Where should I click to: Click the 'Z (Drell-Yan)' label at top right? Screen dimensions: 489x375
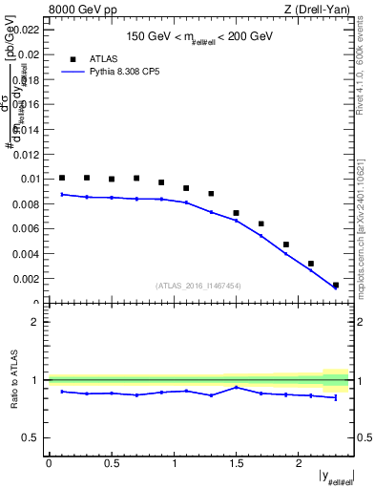click(318, 11)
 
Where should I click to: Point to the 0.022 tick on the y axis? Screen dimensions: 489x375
click(26, 29)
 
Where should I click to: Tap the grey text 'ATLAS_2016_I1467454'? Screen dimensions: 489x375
click(198, 285)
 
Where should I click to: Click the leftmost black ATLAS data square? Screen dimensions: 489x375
click(62, 178)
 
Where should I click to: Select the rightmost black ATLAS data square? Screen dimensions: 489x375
click(336, 285)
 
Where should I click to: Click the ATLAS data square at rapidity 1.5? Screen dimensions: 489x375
click(237, 213)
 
